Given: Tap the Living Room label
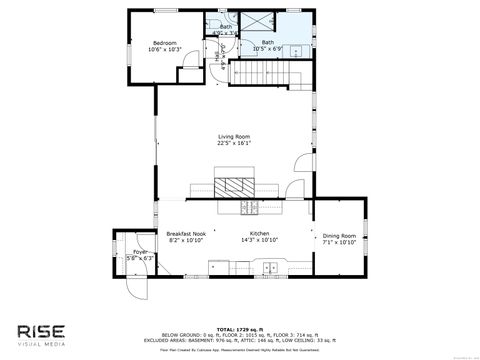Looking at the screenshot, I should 234,136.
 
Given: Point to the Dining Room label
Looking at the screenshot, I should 339,235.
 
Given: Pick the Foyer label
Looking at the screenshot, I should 127,251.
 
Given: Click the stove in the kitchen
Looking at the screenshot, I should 249,208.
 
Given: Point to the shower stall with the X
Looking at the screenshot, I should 269,25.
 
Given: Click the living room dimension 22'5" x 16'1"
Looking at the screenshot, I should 234,143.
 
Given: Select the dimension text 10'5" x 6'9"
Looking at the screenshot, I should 268,48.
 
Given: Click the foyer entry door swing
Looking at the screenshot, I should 129,288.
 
